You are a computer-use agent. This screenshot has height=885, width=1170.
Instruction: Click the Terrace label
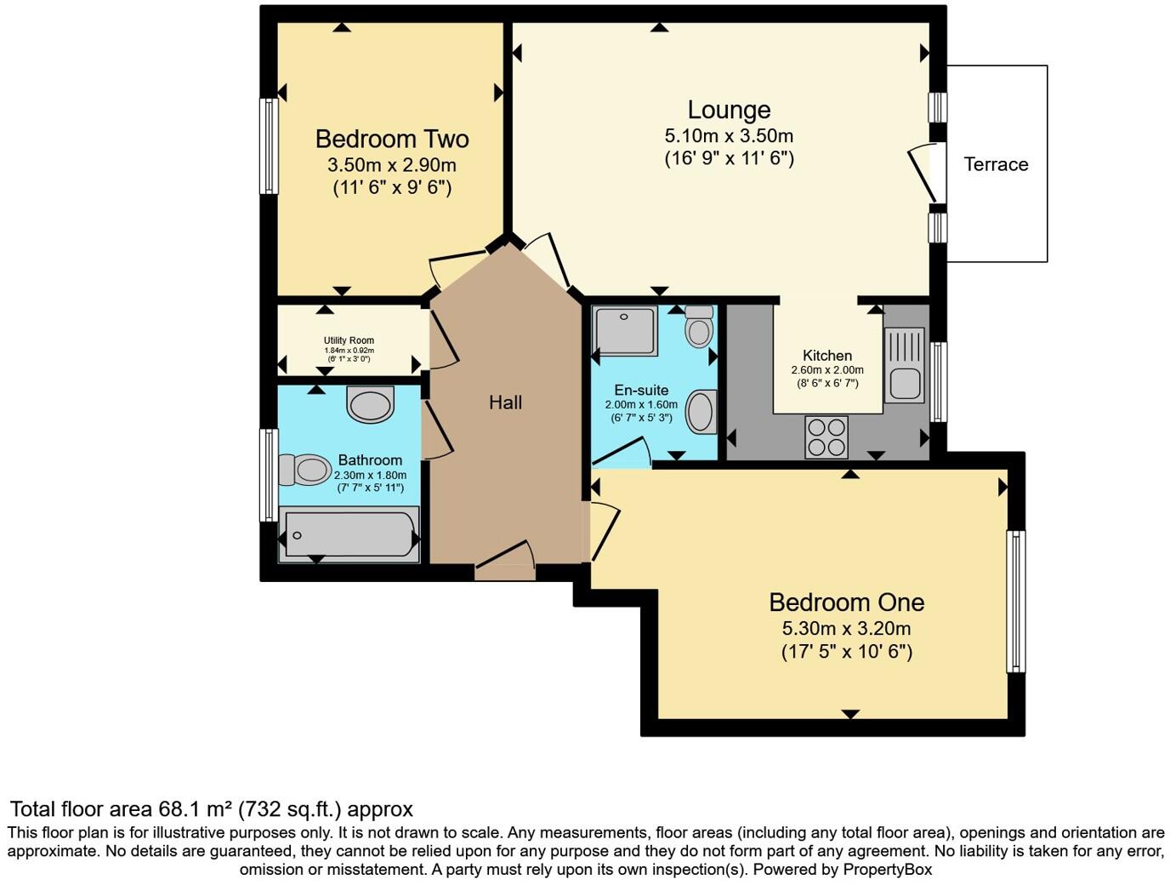(996, 164)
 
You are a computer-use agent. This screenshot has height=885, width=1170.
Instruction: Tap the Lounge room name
(729, 110)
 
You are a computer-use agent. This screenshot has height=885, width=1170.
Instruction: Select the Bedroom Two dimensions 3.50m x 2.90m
(391, 165)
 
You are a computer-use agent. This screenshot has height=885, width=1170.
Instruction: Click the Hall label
(505, 403)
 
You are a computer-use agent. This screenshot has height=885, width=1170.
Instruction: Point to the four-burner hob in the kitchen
(826, 437)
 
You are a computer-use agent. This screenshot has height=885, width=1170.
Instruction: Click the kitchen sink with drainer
(905, 365)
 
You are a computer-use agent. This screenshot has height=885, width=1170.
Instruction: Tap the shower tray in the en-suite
(626, 331)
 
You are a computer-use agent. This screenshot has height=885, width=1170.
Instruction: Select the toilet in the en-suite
(699, 327)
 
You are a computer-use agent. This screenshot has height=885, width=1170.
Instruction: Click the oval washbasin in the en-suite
(701, 412)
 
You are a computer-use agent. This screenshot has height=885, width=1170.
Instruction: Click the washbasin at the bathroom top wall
(371, 404)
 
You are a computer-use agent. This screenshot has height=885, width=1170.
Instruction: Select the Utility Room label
(349, 340)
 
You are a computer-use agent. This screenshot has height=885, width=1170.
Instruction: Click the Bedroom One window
(1015, 601)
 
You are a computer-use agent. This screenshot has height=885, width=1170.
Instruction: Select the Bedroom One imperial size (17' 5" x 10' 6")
(846, 653)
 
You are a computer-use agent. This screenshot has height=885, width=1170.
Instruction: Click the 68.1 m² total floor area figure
(196, 808)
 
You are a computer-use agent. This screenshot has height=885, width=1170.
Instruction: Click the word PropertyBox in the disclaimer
(887, 870)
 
